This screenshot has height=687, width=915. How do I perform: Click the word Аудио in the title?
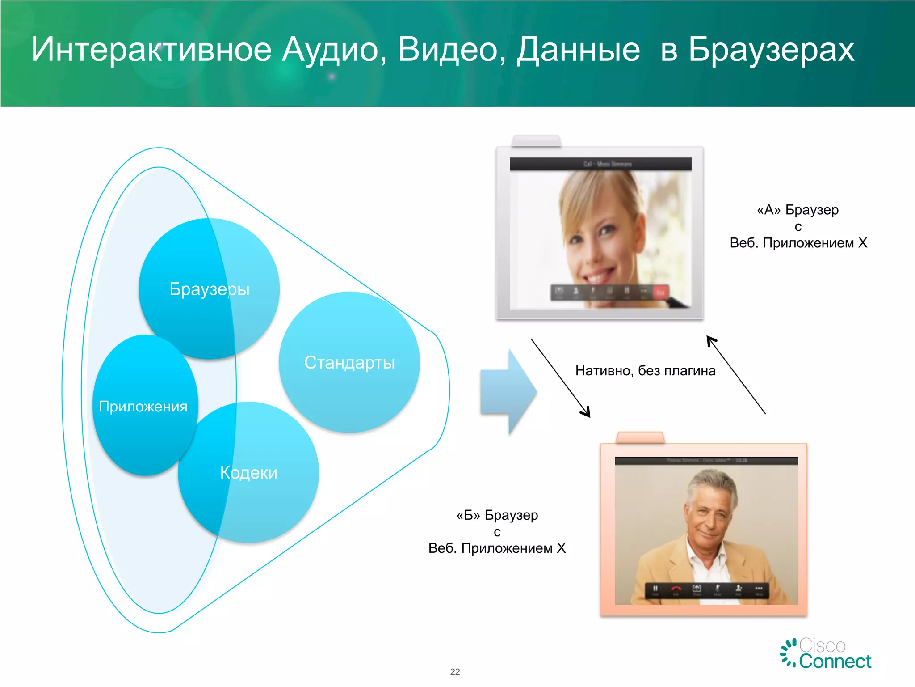(334, 50)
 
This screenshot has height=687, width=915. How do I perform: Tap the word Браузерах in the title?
(771, 50)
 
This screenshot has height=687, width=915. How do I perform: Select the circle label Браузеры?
(209, 289)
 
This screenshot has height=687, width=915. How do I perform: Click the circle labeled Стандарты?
(349, 362)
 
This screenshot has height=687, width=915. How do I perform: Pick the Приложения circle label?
(143, 407)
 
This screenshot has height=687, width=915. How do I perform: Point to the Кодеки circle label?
(248, 473)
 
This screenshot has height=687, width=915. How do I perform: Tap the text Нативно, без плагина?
(645, 371)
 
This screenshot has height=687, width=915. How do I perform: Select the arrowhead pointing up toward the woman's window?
(711, 341)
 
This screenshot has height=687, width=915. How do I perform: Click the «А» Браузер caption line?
(797, 210)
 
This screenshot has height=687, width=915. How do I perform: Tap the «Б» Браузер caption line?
(497, 515)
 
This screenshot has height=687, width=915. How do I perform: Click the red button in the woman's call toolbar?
(660, 292)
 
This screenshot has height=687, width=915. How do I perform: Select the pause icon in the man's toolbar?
(655, 589)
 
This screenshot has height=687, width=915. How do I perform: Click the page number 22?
(455, 672)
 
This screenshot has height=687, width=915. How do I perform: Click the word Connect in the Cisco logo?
(835, 662)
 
